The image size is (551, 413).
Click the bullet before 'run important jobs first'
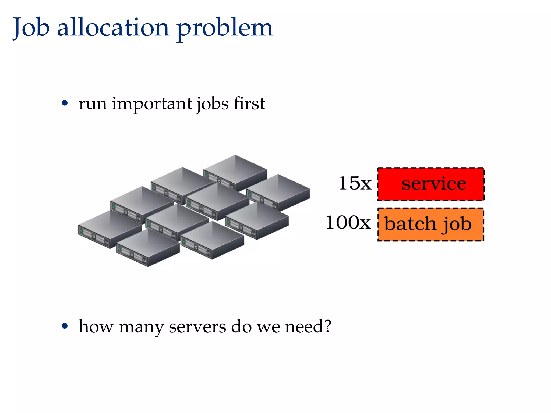65,103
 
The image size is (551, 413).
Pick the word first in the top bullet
249,103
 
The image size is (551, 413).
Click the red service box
430,184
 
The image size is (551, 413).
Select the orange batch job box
430,225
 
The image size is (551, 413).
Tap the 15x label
355,184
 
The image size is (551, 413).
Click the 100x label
348,223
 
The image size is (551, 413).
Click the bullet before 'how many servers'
65,326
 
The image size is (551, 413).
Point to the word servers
197,327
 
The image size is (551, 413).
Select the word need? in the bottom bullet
308,326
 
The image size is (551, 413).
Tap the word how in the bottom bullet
96,326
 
